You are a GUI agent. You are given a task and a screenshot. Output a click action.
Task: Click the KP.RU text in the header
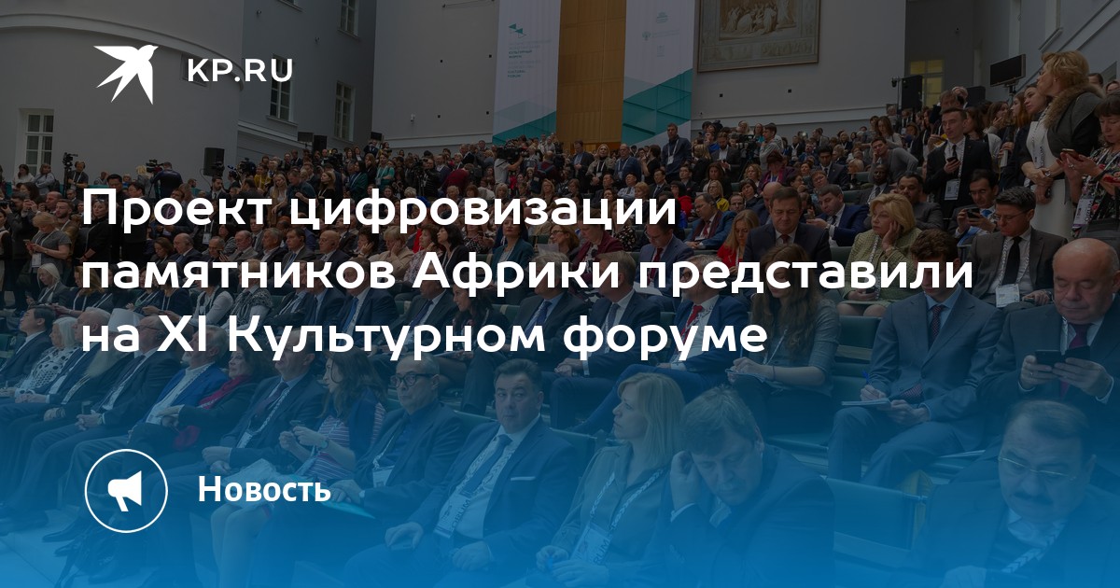(x=240, y=71)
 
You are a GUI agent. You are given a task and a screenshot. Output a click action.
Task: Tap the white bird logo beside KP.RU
(x=126, y=73)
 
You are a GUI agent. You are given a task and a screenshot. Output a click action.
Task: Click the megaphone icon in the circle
(x=125, y=491)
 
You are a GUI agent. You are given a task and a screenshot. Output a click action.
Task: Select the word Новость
(x=264, y=489)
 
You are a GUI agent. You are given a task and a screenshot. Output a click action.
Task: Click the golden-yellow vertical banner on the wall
(x=590, y=70)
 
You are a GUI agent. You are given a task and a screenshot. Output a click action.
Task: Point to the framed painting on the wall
(x=759, y=33)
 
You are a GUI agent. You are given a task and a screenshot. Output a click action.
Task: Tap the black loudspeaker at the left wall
(x=214, y=161)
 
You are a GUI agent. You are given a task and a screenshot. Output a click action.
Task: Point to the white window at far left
(x=39, y=138)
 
